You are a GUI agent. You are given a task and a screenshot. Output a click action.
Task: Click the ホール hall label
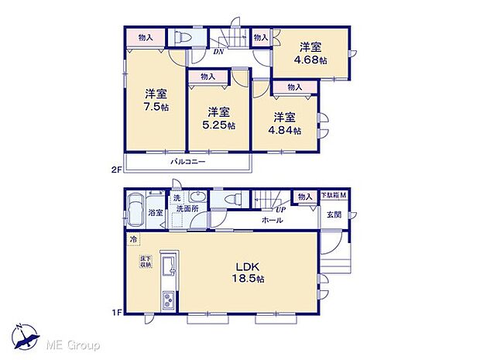coord(272,220)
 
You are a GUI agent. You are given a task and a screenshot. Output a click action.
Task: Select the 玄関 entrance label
coord(334,214)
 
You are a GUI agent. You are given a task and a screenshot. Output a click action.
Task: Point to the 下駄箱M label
coord(334,197)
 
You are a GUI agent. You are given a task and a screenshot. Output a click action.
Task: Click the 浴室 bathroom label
coord(156,212)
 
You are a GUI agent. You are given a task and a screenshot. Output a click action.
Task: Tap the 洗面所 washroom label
coord(186,209)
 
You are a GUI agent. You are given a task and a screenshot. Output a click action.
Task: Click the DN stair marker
coord(219,53)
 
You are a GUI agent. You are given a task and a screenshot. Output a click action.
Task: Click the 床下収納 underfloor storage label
coord(146,261)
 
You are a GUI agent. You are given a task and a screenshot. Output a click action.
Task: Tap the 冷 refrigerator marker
coord(133,239)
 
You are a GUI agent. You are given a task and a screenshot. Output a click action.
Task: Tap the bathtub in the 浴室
coord(135,208)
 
